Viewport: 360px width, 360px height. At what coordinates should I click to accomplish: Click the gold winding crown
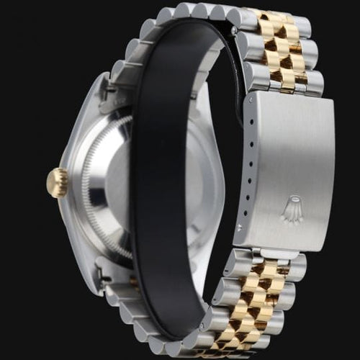tap(58, 182)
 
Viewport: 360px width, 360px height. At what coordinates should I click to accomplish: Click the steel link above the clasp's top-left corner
tap(256, 76)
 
